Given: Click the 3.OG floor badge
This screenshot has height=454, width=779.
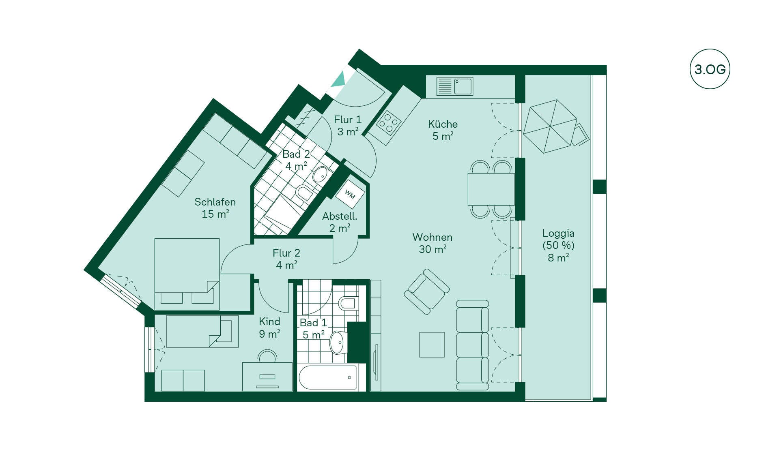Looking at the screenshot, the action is (x=710, y=69).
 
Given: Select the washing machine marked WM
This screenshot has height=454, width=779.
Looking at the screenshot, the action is (x=350, y=195).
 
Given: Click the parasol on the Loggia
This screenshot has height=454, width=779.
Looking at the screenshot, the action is (x=550, y=126).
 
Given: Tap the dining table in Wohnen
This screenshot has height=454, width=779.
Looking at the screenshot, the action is (x=491, y=189).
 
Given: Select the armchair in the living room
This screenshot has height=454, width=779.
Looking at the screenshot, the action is (x=427, y=291).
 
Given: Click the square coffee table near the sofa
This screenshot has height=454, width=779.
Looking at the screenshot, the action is (x=432, y=345).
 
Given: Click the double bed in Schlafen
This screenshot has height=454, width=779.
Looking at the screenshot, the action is (x=187, y=274).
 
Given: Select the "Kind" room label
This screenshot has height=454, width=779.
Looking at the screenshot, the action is (x=269, y=321).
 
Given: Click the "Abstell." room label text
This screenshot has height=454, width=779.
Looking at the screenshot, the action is (x=340, y=216).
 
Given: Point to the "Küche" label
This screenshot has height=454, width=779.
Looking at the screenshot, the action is (x=443, y=124).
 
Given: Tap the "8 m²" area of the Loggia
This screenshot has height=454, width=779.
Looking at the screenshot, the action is (x=558, y=258).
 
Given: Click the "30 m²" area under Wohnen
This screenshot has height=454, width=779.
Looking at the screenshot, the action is (x=433, y=249).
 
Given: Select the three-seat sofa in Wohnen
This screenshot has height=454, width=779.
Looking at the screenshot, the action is (x=472, y=345).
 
